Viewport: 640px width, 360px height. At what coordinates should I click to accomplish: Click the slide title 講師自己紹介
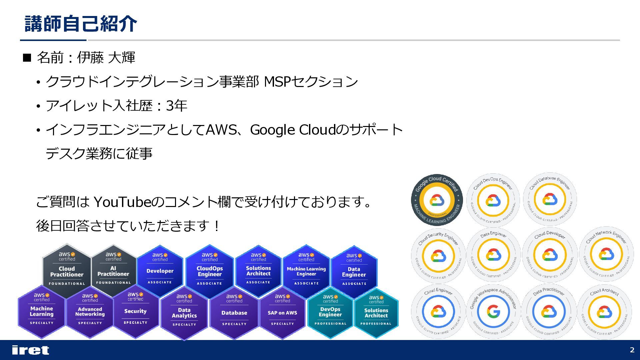pos(81,24)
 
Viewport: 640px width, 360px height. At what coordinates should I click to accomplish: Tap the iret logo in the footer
pos(30,350)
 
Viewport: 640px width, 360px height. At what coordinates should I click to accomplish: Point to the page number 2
pos(632,350)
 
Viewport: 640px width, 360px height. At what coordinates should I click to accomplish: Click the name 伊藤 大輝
pos(106,58)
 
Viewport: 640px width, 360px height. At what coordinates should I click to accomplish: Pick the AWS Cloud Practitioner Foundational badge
pos(67,270)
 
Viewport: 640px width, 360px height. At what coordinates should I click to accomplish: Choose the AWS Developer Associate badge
pos(160,270)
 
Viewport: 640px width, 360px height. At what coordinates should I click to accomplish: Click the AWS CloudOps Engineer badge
pos(209,271)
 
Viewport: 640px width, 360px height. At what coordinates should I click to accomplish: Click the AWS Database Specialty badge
pos(234,312)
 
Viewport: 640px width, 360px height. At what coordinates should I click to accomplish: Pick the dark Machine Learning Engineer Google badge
pos(437,200)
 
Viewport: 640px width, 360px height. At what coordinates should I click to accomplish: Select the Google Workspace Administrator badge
pos(493,312)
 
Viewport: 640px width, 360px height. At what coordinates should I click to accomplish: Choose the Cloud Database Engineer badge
pos(550,200)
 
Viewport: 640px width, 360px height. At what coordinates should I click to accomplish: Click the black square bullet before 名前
pos(27,58)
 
